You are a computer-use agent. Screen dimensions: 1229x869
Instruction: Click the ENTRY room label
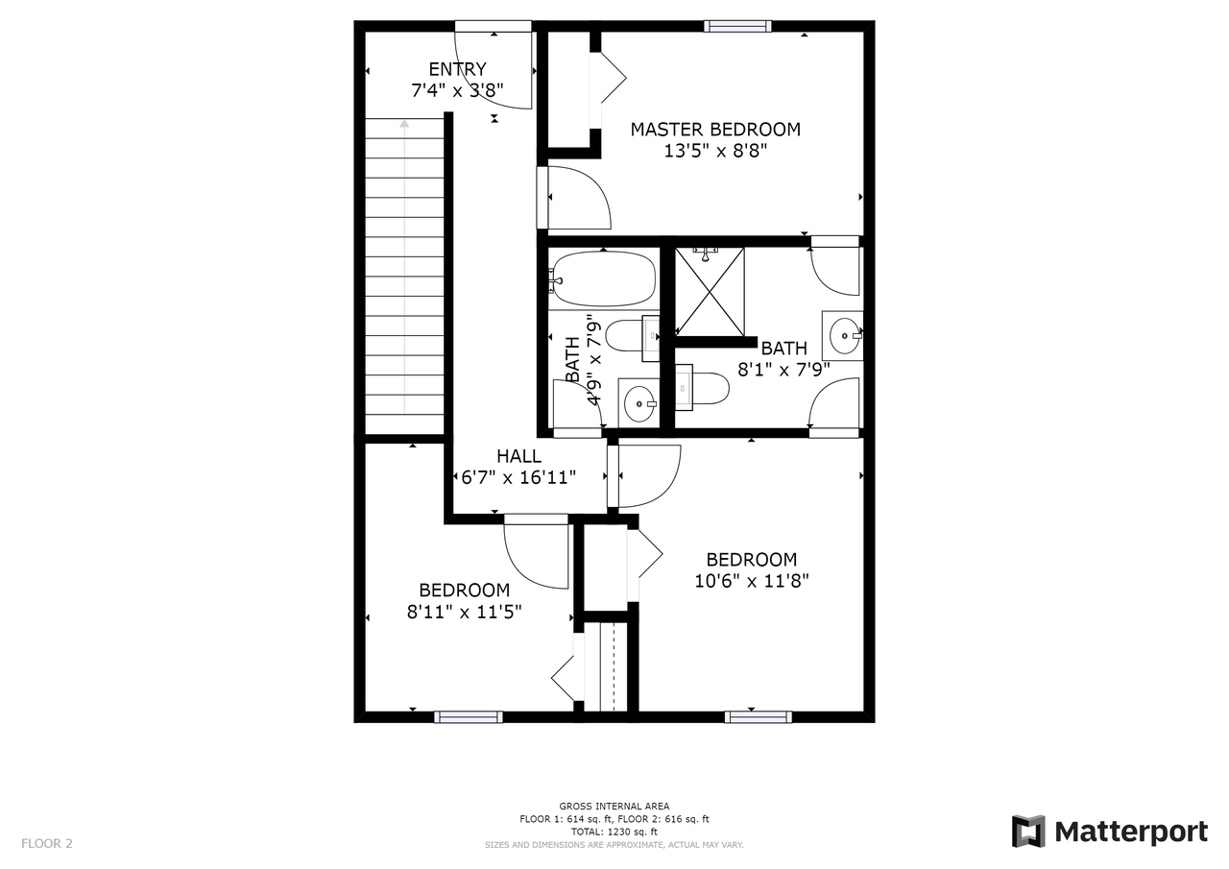457,69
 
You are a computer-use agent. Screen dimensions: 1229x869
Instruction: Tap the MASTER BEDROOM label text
715,130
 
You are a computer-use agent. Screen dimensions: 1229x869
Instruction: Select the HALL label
518,456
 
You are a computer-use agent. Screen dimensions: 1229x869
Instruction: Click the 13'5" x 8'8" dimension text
715,151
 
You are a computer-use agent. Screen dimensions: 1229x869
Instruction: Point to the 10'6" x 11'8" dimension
752,580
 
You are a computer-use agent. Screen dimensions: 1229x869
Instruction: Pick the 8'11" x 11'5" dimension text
464,611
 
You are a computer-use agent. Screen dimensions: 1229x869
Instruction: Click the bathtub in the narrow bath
604,279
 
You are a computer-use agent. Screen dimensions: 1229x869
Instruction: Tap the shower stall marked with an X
710,291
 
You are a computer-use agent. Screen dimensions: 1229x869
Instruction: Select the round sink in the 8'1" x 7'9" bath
844,335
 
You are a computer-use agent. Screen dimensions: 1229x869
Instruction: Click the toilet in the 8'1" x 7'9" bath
702,388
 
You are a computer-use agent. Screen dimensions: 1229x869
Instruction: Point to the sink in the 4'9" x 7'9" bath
639,403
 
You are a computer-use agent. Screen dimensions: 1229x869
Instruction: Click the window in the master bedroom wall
737,26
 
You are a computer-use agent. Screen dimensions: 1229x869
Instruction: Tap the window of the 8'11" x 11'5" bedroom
468,716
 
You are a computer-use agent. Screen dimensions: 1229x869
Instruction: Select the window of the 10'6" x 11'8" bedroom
759,716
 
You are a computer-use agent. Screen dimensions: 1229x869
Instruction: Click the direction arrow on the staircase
404,266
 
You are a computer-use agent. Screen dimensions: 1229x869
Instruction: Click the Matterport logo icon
1028,832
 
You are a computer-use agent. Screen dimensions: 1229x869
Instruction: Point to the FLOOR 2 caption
47,843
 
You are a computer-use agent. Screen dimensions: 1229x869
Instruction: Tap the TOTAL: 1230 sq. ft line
614,832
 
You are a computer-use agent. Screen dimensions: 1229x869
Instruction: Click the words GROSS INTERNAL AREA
614,806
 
